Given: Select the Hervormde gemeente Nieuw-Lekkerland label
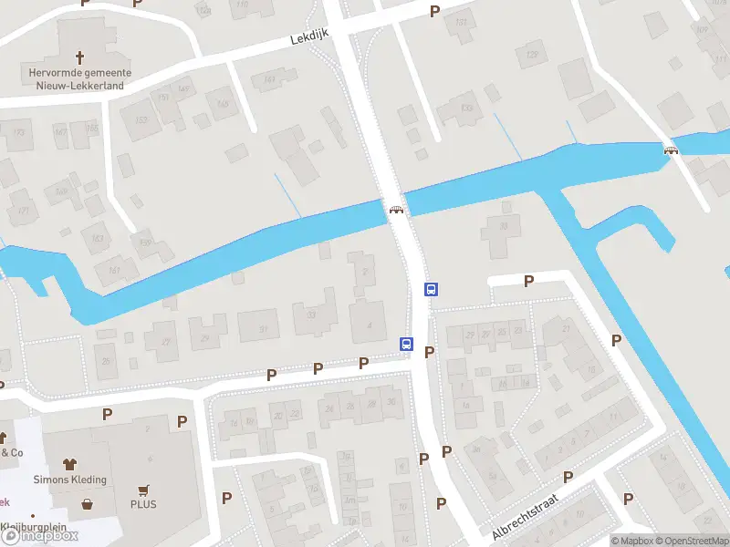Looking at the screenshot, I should coord(78,79).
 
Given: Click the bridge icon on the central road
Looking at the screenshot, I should coord(397,210).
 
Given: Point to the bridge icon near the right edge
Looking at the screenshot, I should coord(672,150).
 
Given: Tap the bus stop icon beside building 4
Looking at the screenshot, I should coord(406,344).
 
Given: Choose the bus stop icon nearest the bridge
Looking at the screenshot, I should coord(431,290).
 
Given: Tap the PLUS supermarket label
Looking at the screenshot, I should coord(143,504).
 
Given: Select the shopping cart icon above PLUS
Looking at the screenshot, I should coord(143,490).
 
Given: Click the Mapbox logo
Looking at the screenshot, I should coord(41,536).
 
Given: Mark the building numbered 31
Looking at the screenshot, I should coord(265,328).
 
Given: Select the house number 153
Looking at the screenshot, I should coord(141,120).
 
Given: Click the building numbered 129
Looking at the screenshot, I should coord(531,55).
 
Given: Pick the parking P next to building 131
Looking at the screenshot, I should coord(434,11).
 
